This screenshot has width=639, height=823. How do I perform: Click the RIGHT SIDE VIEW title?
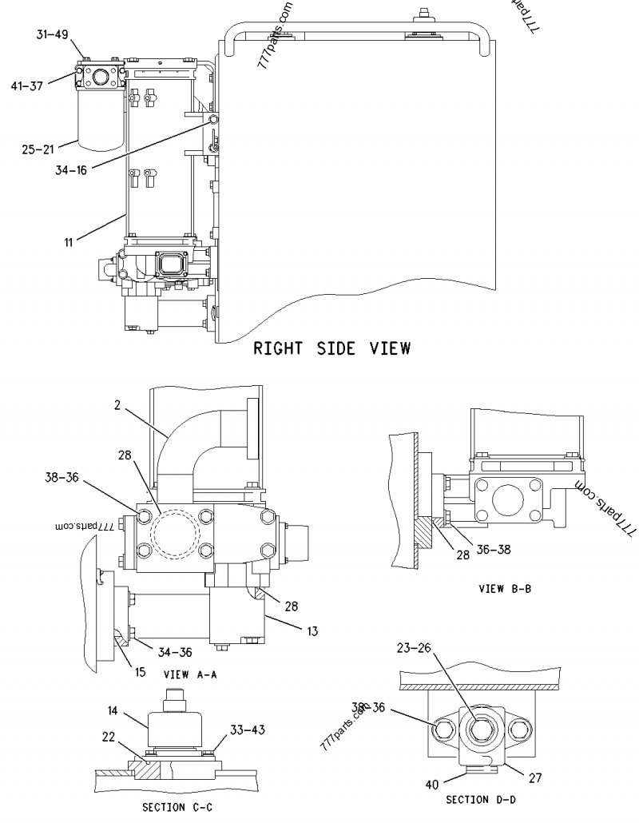click(x=331, y=348)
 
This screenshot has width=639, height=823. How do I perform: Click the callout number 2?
click(x=117, y=406)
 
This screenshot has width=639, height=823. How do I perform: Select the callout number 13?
click(x=312, y=631)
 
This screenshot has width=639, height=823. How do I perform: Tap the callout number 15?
click(x=140, y=672)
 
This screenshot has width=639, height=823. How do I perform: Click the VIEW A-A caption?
click(x=190, y=674)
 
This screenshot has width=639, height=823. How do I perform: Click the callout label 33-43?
click(x=247, y=730)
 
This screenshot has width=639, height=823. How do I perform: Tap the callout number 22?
click(x=108, y=736)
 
